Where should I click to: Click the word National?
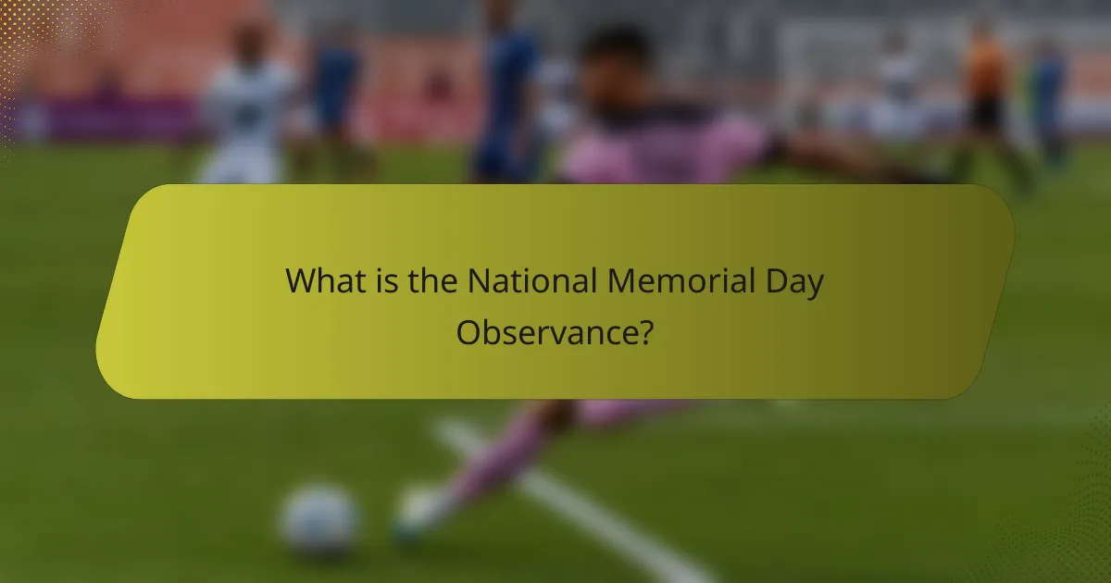[532, 280]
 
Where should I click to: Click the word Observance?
[543, 332]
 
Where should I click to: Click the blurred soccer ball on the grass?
[319, 521]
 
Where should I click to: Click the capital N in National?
[479, 280]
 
